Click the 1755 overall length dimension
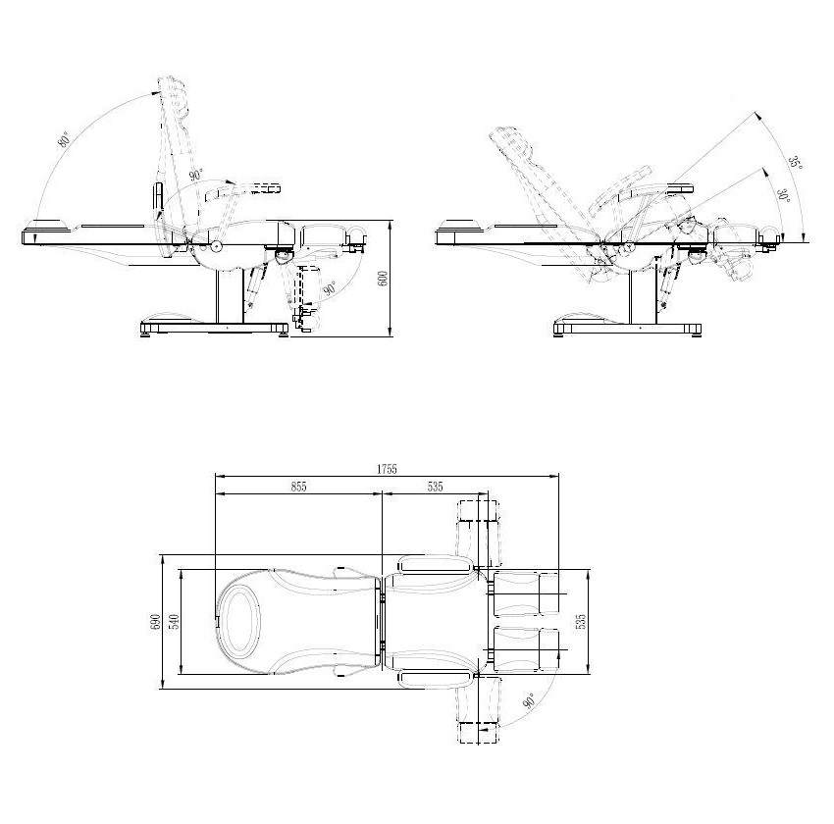coord(387,468)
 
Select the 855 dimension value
coord(298,486)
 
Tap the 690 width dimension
coord(155,622)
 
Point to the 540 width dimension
coord(174,622)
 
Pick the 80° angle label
coord(65,138)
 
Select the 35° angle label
coord(795,163)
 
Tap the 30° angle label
coord(783,197)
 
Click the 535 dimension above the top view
coord(435,486)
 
